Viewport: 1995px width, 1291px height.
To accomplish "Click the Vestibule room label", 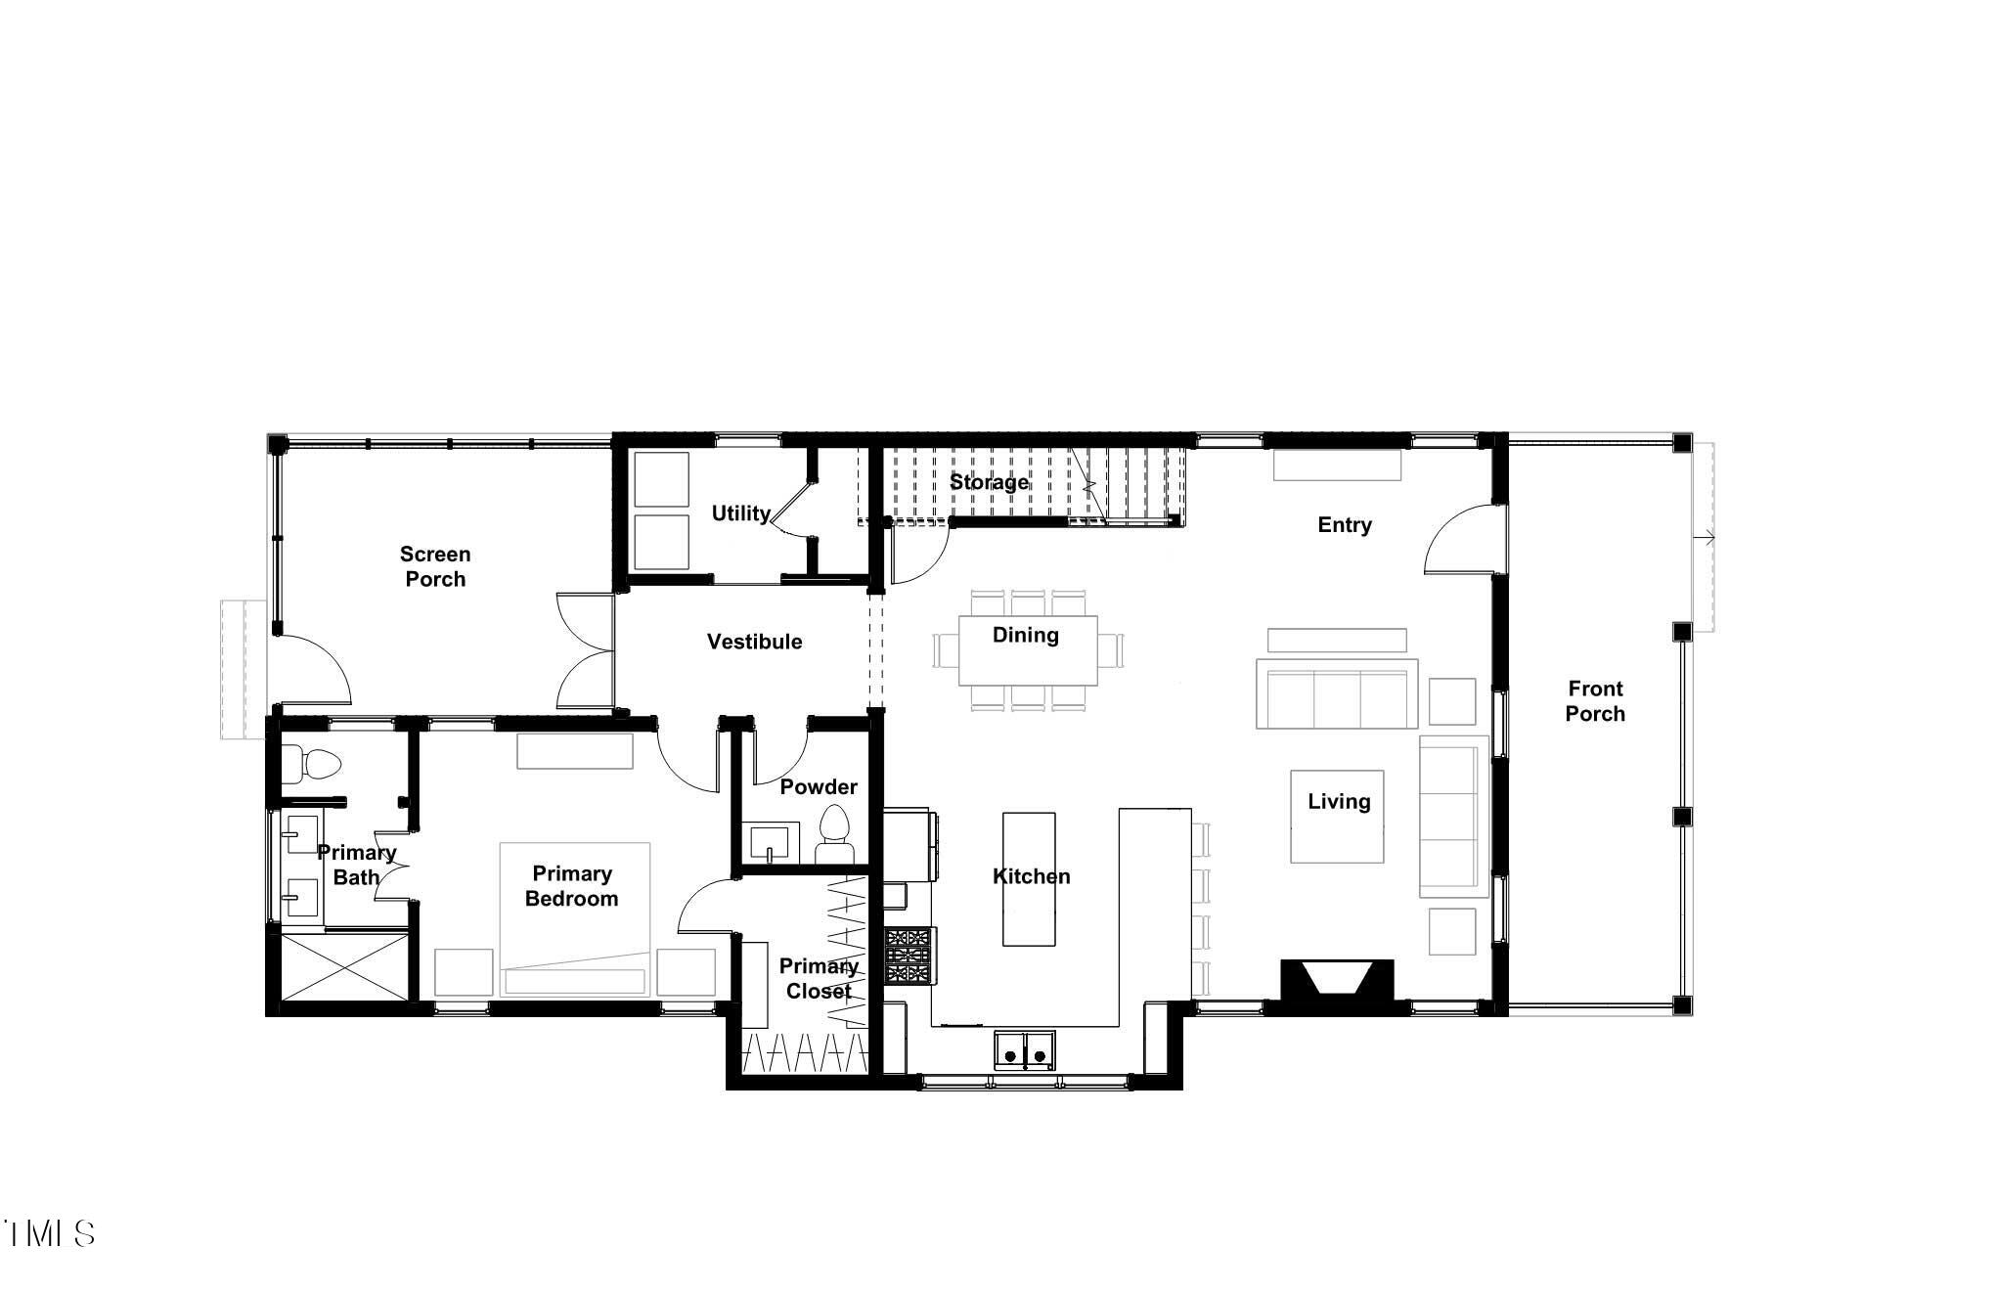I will click(754, 642).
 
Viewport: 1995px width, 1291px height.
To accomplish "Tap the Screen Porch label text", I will click(435, 566).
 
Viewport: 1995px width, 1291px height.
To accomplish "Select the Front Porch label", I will click(1594, 701).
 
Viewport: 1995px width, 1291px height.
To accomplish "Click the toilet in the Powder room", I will click(834, 831).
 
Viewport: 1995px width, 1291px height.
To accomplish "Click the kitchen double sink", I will click(1024, 1049).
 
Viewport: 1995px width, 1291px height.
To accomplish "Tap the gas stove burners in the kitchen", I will click(909, 956).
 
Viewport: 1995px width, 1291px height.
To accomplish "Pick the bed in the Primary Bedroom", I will click(575, 918).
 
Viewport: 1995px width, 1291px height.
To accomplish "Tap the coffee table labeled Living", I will click(1337, 817).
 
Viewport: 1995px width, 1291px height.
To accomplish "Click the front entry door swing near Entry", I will click(1461, 541).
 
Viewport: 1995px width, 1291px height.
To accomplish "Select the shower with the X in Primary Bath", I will click(343, 965).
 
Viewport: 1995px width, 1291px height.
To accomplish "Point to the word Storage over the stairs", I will click(989, 482).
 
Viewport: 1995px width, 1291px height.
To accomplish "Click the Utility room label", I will click(740, 513).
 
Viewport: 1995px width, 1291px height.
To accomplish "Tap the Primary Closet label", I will click(819, 978).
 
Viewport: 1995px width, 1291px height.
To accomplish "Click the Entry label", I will click(1344, 525).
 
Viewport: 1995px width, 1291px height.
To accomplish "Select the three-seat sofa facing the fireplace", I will click(1336, 694).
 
